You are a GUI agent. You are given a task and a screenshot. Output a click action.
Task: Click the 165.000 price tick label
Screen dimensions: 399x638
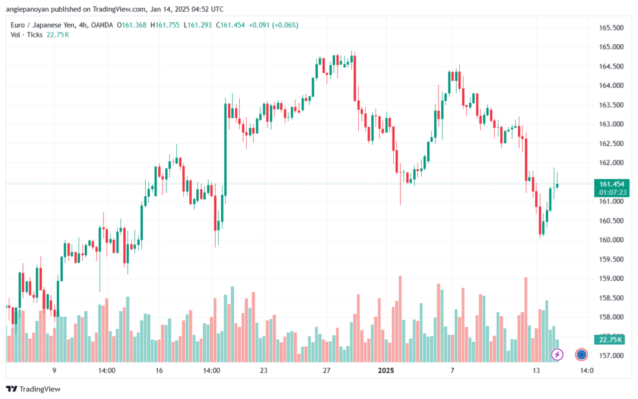(611, 47)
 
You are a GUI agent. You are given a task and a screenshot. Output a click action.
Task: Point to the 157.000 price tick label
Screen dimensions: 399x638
(611, 355)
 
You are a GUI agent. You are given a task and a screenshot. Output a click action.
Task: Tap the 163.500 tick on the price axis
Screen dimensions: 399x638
(611, 105)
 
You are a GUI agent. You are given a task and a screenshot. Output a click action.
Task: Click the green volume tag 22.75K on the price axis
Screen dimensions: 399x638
(611, 340)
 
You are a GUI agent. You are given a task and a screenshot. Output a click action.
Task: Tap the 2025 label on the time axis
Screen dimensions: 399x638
(386, 370)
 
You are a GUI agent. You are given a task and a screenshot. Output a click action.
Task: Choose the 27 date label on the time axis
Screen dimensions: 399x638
(326, 370)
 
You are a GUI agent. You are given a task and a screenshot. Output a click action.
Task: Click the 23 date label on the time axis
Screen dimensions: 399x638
(264, 370)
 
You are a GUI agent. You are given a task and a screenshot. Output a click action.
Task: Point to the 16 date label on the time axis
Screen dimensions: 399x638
(159, 370)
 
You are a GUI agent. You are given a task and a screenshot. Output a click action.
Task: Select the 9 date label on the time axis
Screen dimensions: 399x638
(54, 370)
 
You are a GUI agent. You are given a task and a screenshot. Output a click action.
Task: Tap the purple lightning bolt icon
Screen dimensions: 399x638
(558, 354)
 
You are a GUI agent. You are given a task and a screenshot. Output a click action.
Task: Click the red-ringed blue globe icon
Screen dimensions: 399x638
(581, 354)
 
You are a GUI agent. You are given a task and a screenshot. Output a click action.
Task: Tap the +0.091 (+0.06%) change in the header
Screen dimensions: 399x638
(274, 25)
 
